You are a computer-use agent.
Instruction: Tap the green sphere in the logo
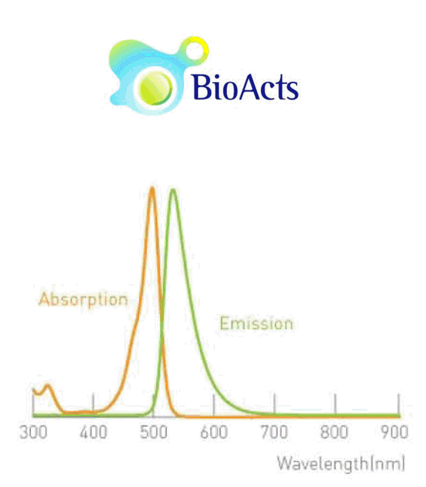[x=155, y=87]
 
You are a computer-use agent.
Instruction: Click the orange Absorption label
[x=83, y=299]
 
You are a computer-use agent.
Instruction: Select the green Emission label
[x=256, y=323]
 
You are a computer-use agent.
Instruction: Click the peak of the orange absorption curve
[x=152, y=187]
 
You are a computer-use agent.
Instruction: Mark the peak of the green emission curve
[x=173, y=190]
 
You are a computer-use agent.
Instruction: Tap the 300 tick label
[x=33, y=432]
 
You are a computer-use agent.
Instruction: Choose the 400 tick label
[x=93, y=432]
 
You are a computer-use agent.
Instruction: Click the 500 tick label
[x=154, y=432]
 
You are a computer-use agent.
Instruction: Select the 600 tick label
[x=214, y=432]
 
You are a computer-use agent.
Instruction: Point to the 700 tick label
[x=274, y=432]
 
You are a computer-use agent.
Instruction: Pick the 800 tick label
[x=335, y=432]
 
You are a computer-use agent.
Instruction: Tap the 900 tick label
[x=394, y=432]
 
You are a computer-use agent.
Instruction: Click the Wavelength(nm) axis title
[x=341, y=464]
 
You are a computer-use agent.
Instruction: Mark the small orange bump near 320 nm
[x=47, y=386]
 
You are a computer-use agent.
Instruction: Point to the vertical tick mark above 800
[x=335, y=403]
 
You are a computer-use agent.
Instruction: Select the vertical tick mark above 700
[x=274, y=403]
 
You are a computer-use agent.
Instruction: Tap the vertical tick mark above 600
[x=214, y=403]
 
